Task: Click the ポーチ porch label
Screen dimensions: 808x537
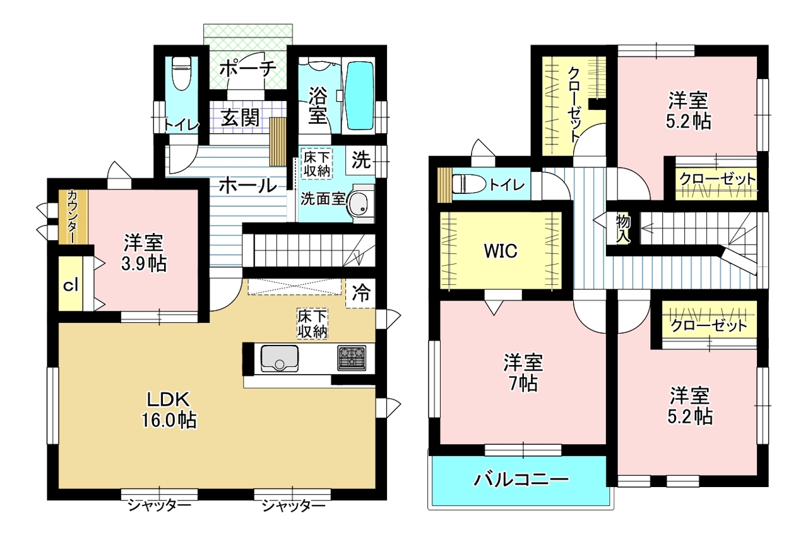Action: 248,68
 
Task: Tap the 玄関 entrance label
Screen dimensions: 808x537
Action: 241,117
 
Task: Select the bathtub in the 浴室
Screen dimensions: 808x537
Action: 359,95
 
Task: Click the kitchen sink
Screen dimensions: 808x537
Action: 280,358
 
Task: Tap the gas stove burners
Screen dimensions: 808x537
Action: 352,358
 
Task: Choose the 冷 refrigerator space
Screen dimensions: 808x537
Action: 360,293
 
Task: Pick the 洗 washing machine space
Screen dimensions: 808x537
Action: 361,160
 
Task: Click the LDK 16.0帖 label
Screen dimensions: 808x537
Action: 169,410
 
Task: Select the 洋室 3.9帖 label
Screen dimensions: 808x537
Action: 144,253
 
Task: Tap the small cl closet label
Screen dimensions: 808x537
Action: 71,286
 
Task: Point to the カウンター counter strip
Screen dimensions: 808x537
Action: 74,217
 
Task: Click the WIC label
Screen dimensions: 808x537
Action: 501,250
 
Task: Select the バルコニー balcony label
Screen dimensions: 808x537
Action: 521,480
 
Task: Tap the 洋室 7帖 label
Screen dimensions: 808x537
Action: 523,373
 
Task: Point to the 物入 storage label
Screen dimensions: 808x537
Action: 623,229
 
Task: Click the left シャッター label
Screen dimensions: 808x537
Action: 158,505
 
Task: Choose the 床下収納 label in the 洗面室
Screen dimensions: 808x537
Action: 317,164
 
